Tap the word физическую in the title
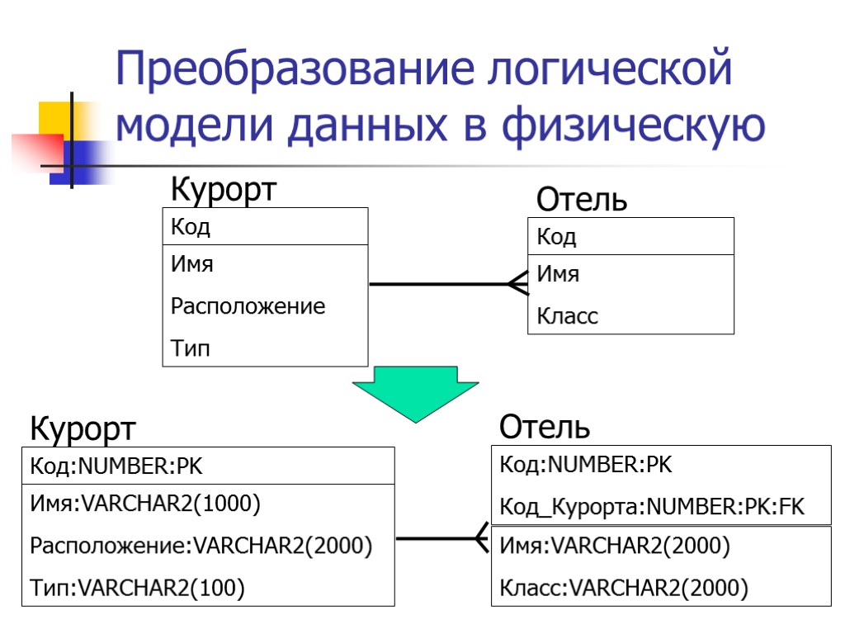pos(633,126)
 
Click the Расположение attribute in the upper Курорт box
pos(248,307)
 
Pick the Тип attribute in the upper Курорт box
pos(191,348)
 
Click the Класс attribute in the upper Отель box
pos(568,316)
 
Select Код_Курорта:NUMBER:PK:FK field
pos(651,506)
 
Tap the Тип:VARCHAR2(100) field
pos(137,588)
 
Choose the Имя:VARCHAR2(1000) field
pos(145,503)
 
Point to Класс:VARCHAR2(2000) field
pos(624,588)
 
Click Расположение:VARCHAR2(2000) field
pos(201,546)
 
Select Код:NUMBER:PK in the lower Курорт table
pos(116,467)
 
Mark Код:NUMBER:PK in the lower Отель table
pos(586,465)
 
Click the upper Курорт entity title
pos(223,191)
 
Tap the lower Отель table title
pos(545,428)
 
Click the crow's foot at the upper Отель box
pos(518,284)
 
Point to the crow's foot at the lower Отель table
pos(483,539)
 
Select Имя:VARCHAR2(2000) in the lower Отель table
pos(615,546)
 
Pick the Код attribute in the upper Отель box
pos(557,238)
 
